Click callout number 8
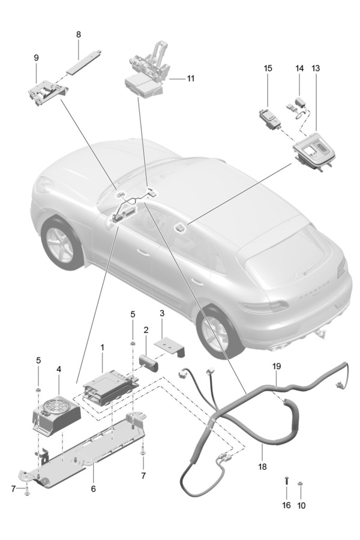[79, 35]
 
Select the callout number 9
[36, 58]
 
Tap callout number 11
[191, 79]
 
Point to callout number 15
[268, 68]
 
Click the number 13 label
[316, 68]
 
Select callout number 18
[263, 465]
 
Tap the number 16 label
[286, 506]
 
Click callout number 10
[301, 506]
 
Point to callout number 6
[93, 489]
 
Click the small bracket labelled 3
[169, 345]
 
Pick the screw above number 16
[286, 481]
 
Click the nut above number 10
[301, 484]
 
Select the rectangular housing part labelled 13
[314, 153]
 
